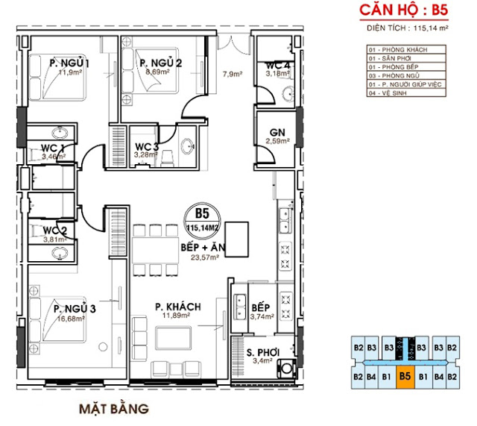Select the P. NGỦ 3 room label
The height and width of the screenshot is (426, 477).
click(74, 307)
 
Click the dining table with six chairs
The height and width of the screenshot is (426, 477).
click(152, 249)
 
